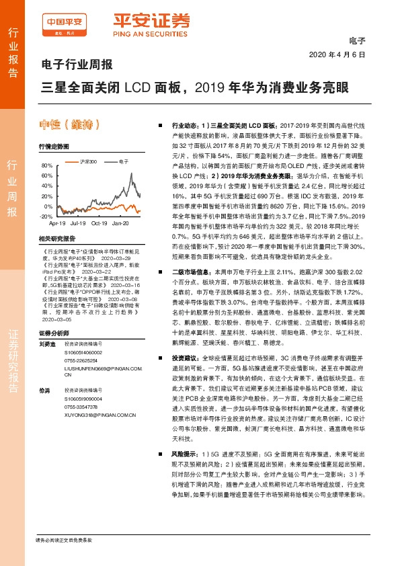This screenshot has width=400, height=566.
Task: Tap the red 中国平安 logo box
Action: click(61, 22)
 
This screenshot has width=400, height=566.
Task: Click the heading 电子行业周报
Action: click(72, 66)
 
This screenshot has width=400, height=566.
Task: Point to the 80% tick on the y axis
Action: click(46, 165)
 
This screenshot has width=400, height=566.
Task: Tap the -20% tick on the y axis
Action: click(45, 216)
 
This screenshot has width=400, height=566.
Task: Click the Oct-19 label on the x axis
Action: click(99, 223)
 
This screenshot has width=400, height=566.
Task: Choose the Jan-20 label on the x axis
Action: click(121, 223)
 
